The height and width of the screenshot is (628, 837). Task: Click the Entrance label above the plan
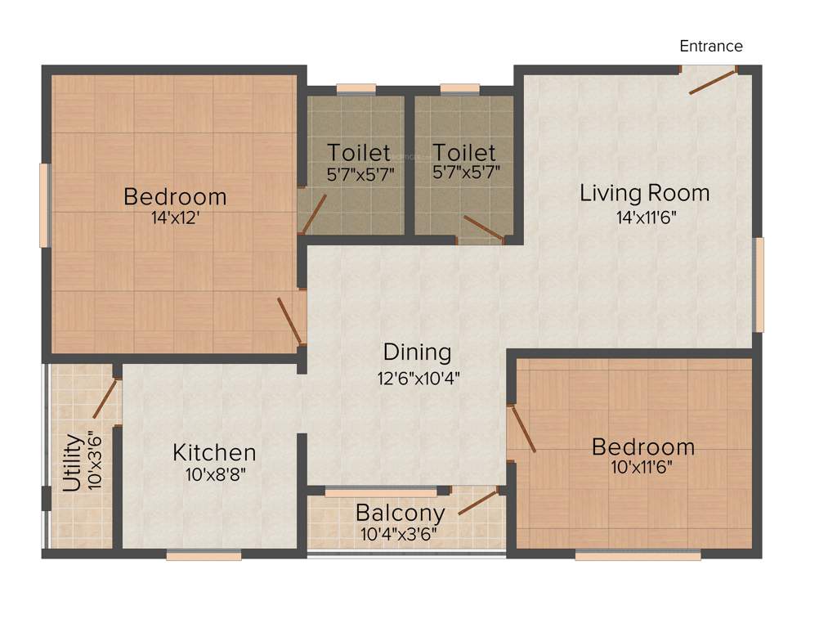[x=711, y=46]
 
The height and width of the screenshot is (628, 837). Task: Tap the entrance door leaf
[x=713, y=82]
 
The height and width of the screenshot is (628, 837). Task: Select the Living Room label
[x=644, y=194]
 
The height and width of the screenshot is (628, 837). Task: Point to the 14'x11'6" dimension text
[x=646, y=218]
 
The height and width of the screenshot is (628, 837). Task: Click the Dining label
[x=417, y=352]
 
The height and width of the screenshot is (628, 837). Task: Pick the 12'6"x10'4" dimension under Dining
[x=417, y=378]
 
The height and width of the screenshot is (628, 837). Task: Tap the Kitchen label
[x=214, y=452]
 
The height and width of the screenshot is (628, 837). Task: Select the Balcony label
[x=400, y=514]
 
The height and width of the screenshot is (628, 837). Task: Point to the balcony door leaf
[x=478, y=502]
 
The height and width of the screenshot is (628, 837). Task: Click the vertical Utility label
[x=73, y=463]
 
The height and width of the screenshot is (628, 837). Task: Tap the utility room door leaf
[x=104, y=397]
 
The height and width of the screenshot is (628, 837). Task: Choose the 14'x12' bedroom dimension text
[x=175, y=219]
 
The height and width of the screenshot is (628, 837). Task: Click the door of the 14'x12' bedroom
[x=289, y=321]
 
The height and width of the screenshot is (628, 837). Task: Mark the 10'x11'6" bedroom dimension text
[x=642, y=468]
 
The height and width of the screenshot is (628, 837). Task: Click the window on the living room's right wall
[x=759, y=285]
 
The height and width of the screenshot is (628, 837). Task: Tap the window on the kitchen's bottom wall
[x=204, y=555]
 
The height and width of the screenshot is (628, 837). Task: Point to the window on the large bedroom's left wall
[x=46, y=205]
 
